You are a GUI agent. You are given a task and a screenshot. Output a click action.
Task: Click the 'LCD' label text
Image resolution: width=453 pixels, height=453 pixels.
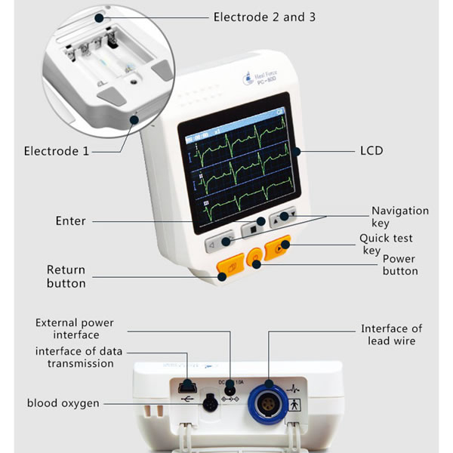pyautogui.click(x=371, y=151)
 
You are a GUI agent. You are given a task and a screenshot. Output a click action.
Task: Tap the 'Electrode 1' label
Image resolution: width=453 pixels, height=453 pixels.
pyautogui.click(x=56, y=151)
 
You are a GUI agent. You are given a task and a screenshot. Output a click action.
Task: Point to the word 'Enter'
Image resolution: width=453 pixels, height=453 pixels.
pyautogui.click(x=70, y=221)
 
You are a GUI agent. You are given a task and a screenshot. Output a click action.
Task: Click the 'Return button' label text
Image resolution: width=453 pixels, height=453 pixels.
pyautogui.click(x=66, y=276)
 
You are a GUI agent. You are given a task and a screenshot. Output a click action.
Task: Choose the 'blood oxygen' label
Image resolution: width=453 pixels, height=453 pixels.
pyautogui.click(x=63, y=403)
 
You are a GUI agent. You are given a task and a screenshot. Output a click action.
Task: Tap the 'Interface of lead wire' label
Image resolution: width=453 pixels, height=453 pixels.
pyautogui.click(x=391, y=334)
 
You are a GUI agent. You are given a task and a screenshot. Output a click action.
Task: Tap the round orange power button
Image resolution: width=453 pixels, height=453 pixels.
pyautogui.click(x=256, y=258)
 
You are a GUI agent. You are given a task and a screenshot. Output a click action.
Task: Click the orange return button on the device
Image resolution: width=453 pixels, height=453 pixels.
pyautogui.click(x=226, y=266)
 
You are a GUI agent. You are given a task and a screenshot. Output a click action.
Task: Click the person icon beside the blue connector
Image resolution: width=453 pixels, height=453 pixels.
pyautogui.click(x=294, y=404)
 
